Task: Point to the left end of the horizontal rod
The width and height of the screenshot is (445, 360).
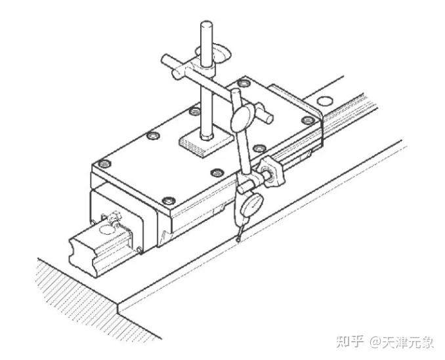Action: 165,61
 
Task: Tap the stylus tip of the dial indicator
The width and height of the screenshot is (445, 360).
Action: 238,241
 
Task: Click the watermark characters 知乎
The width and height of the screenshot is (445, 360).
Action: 350,342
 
